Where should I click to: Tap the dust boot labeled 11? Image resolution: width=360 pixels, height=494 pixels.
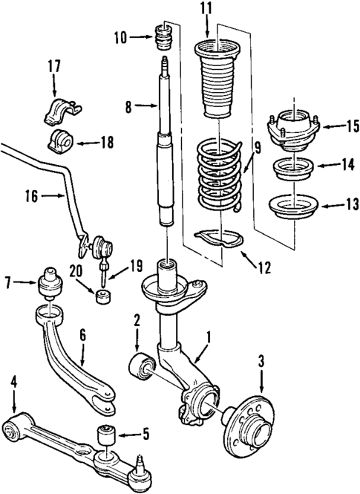coord(216,82)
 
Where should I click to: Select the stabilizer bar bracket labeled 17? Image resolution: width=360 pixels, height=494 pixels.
coord(57,109)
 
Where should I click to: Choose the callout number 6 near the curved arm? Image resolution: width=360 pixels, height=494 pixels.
coord(82,336)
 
